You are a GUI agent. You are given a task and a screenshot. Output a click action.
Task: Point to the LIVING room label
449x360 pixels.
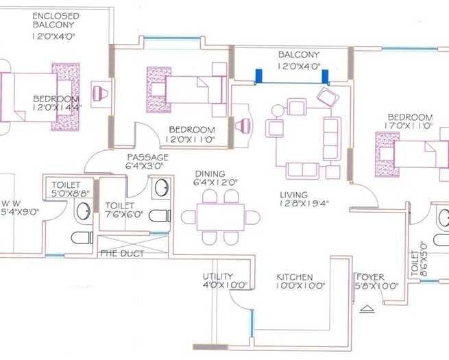[x=293, y=195]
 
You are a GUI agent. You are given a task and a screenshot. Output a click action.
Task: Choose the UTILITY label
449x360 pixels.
[x=218, y=276]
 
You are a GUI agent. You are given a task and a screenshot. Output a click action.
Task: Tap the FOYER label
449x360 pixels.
[x=370, y=277]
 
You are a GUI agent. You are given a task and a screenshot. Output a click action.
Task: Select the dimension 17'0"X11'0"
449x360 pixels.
[x=409, y=126]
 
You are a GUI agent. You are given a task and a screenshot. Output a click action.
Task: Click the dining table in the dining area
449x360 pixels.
[x=221, y=217]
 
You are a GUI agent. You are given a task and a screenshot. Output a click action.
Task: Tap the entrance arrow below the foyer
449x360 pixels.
[x=368, y=309]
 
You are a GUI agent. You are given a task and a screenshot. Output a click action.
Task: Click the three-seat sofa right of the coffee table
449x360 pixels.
[x=332, y=137]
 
